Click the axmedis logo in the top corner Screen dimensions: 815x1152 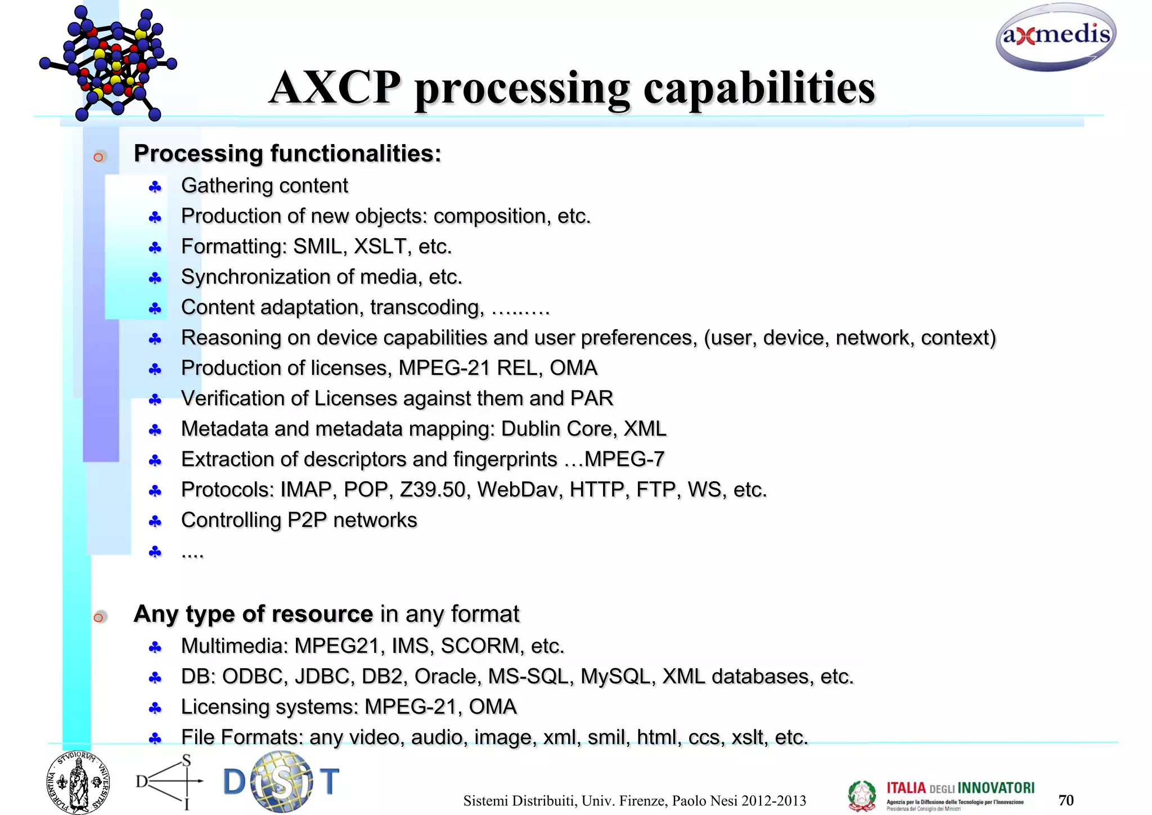point(1056,37)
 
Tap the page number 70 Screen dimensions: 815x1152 point(1065,800)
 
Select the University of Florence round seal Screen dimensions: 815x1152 point(78,782)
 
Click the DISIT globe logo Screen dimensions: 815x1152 point(281,781)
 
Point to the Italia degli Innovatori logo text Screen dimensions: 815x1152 point(960,788)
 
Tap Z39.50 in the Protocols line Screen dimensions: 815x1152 point(433,490)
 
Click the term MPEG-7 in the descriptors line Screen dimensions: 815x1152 point(624,459)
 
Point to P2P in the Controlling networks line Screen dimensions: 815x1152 point(307,520)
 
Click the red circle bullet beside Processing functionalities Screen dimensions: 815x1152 point(99,157)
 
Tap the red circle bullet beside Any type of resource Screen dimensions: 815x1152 point(99,617)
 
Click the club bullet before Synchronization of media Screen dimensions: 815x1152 point(155,278)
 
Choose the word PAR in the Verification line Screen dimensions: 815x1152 point(591,398)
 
